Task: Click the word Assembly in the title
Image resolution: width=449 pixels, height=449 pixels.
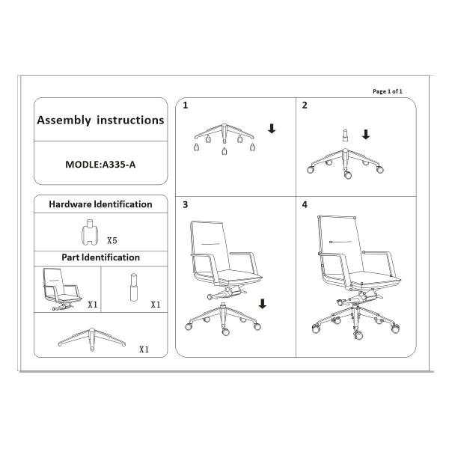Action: point(64,120)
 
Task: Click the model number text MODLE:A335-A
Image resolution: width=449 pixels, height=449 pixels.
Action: point(100,165)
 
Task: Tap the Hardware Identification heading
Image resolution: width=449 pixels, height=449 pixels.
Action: point(100,204)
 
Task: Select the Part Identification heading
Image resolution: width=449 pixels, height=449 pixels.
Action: point(101,257)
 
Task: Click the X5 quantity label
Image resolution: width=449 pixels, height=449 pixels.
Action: point(112,240)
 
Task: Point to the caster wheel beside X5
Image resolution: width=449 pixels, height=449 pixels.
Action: point(90,233)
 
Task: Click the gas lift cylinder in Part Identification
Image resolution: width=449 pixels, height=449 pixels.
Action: point(134,287)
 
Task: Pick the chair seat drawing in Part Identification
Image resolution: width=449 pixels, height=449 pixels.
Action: point(62,289)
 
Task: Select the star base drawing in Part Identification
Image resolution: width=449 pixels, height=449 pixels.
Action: point(92,339)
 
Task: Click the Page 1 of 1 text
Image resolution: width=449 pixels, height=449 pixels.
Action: point(388,91)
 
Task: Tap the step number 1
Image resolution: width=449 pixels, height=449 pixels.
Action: point(186,106)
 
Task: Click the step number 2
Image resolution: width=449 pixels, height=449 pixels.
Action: point(305,106)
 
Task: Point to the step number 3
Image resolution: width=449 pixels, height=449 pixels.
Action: point(186,205)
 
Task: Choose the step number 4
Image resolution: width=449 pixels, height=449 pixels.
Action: point(305,205)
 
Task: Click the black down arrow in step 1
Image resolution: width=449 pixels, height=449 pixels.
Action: point(272,129)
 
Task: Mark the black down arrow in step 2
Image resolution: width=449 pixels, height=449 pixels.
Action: point(366,134)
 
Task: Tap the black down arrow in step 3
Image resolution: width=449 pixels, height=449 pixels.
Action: point(263,304)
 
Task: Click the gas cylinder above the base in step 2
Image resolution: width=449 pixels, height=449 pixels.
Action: point(345,135)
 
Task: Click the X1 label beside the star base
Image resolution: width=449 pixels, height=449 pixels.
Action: point(144,349)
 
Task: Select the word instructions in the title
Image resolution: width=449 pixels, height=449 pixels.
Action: point(130,120)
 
